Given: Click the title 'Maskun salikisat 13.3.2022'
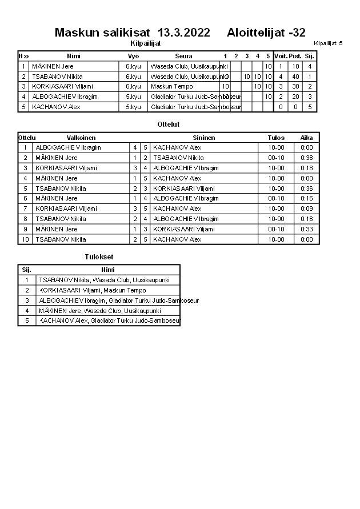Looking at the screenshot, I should coord(132,33).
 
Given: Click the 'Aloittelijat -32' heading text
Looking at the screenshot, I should coord(266,33).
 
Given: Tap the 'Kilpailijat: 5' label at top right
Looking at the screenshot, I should coord(328,43).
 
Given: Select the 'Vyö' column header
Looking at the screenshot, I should coord(133,56).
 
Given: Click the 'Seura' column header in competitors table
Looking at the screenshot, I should coord(183,56).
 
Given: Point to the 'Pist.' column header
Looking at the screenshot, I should coord(295,56).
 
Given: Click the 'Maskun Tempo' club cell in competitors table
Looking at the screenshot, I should coord(168,86).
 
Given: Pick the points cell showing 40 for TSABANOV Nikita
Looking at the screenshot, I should coord(295,77).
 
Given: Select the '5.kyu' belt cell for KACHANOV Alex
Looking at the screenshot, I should coord(133,107).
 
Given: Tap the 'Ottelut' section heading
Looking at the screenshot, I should coord(169,124).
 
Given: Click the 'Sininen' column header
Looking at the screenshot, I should coord(204,138).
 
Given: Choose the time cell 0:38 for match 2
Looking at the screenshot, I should coord(307,158).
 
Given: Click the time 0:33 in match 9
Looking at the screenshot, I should coord(307,229).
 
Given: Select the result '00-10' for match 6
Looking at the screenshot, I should coord(277,198).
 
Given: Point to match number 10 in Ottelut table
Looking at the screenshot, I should coord(25,239).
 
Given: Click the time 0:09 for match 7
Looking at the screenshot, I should coord(307,209).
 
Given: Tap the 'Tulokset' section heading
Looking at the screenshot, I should coord(99,257).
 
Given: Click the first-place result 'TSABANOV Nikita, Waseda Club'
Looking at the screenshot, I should coord(93,280).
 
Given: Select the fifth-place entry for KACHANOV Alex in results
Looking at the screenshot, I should coord(109,321).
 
